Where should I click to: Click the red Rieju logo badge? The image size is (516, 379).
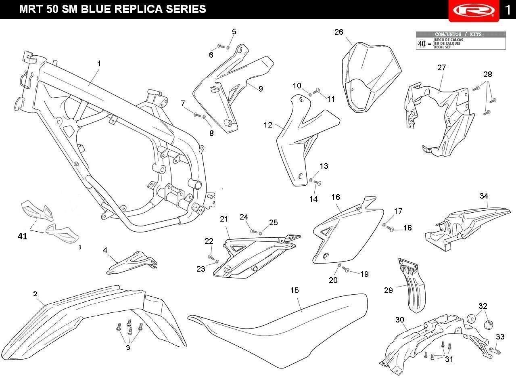[x=474, y=10]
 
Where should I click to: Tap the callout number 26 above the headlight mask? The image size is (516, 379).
[x=338, y=32]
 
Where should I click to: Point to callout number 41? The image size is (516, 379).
[x=23, y=237]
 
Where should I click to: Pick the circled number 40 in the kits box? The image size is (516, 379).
[x=422, y=44]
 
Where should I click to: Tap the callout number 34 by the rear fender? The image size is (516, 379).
[x=484, y=196]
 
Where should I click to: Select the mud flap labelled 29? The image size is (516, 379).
[x=412, y=285]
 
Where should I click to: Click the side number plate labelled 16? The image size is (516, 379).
[x=348, y=233]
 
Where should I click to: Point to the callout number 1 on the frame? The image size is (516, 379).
[x=99, y=63]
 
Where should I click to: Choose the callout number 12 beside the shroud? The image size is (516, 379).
[x=268, y=125]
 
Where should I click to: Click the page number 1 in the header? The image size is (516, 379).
[x=508, y=10]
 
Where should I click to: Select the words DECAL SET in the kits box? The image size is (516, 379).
[x=442, y=47]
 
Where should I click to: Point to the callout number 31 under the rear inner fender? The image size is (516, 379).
[x=449, y=359]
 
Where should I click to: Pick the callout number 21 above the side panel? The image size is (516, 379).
[x=224, y=219]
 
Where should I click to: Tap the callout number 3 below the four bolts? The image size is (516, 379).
[x=128, y=347]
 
